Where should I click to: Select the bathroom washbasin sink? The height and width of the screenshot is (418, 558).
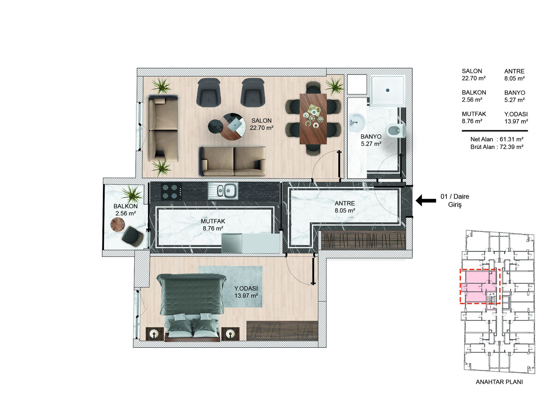pos(356,122)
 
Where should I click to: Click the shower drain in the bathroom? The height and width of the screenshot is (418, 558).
pos(387,90)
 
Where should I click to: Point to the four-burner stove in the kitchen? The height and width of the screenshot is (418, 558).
pos(171,191)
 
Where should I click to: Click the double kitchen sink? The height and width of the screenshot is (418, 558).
pos(224,191)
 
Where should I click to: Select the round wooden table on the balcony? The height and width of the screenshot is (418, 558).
pos(118,225)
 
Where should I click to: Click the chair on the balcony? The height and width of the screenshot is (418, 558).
pos(133,236)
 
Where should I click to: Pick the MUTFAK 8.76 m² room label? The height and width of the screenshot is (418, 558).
pos(213,225)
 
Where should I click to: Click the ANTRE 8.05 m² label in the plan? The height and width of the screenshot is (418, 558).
pos(345,207)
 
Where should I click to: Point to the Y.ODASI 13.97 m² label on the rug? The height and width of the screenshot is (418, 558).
pos(246,292)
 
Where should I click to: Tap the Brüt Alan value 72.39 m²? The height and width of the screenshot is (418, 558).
pos(511,147)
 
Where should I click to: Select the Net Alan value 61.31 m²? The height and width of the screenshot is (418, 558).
pos(511,139)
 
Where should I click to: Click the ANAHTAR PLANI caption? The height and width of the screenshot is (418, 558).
pos(499,382)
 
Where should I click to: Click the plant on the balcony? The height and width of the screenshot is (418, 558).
pos(131,194)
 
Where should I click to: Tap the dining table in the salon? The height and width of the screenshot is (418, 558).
pos(313,119)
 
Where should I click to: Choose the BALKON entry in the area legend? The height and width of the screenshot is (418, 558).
pos(474,96)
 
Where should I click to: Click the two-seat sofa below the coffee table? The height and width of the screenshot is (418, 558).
pos(233,161)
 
